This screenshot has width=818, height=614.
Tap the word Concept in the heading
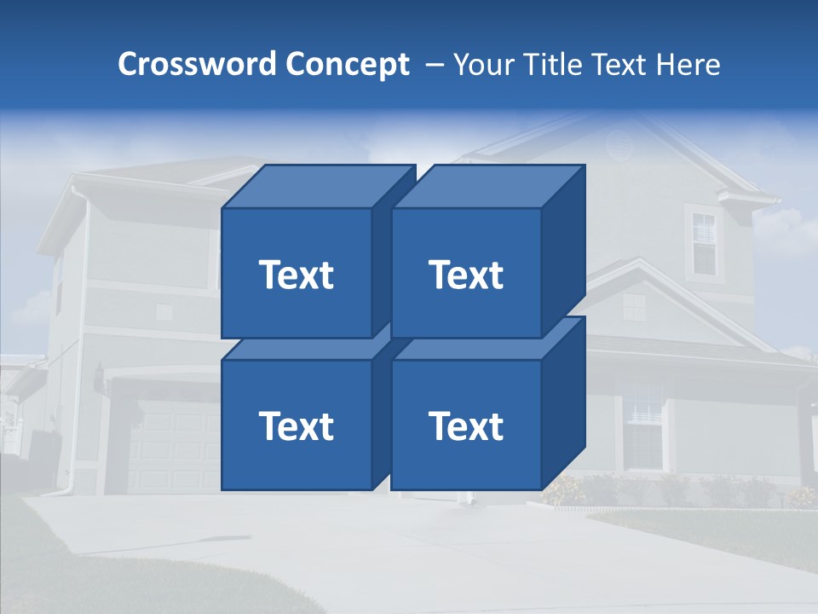(348, 65)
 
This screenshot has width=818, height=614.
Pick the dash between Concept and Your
(433, 65)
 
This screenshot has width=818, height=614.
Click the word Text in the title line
(625, 65)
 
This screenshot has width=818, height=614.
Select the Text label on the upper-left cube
(296, 275)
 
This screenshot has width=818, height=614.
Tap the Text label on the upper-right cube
(466, 275)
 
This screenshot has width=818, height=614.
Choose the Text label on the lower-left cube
(296, 426)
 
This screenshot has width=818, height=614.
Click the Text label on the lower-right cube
(466, 426)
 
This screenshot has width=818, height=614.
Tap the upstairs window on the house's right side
(704, 243)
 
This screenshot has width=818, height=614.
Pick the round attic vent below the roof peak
(620, 146)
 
